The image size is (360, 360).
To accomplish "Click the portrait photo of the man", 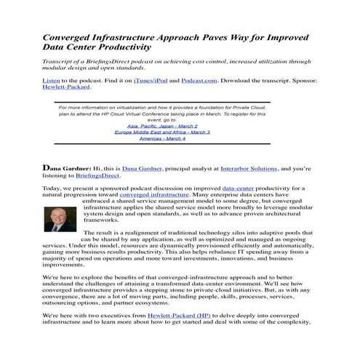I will click(x=57, y=219).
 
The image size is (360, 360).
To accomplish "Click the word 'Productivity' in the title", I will click(x=119, y=48).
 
